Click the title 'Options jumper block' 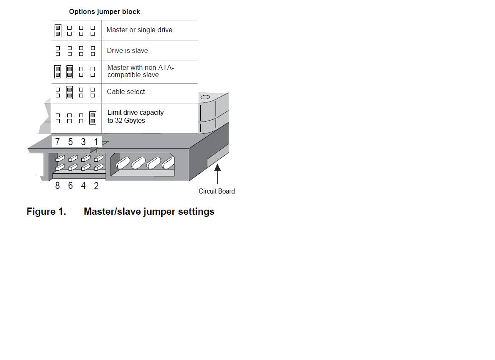click(105, 12)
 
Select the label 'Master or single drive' click(139, 30)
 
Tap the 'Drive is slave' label click(127, 50)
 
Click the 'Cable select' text click(126, 91)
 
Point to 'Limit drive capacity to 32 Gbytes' click(136, 116)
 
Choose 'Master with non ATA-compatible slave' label click(141, 71)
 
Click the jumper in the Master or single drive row click(58, 30)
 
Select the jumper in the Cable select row click(69, 92)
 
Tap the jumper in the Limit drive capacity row click(92, 118)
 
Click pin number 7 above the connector click(57, 142)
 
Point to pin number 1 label click(96, 142)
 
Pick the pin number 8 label click(58, 186)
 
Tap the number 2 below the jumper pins click(96, 186)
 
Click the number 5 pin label click(70, 142)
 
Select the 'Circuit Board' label click(216, 191)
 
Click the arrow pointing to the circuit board click(218, 174)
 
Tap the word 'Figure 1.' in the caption click(47, 211)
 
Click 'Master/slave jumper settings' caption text click(149, 212)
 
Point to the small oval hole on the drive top click(205, 97)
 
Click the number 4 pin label click(83, 186)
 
